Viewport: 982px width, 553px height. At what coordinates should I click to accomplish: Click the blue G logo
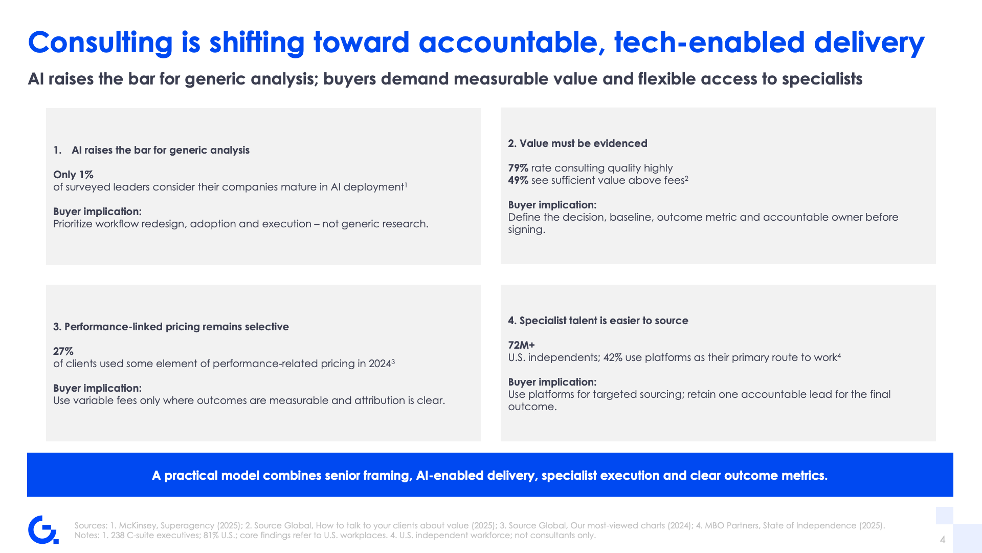click(x=43, y=530)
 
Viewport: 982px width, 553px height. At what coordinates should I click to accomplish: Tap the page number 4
click(x=943, y=540)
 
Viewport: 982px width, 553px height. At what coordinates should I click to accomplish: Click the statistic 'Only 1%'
click(x=73, y=175)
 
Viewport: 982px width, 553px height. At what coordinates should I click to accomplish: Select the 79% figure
click(x=518, y=168)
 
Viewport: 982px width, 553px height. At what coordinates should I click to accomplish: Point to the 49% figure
click(x=518, y=180)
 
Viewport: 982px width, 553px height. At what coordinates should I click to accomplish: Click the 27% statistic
click(x=63, y=351)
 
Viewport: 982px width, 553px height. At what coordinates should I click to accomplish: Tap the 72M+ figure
click(x=521, y=345)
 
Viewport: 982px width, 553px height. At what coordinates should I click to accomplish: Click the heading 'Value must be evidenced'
click(x=584, y=143)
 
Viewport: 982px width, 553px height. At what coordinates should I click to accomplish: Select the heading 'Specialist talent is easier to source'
click(x=604, y=321)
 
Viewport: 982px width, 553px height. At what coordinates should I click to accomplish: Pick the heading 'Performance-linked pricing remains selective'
click(x=176, y=327)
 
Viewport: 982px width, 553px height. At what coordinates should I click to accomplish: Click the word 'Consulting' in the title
click(x=100, y=42)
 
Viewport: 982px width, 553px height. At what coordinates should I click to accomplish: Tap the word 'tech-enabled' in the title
click(x=709, y=42)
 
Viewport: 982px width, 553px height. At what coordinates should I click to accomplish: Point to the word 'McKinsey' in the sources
click(x=137, y=525)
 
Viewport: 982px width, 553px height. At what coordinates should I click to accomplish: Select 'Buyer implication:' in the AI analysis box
click(x=97, y=211)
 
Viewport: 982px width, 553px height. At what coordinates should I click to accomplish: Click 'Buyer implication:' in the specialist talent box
click(x=552, y=382)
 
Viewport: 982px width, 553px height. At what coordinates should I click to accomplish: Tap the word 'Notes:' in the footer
click(x=87, y=535)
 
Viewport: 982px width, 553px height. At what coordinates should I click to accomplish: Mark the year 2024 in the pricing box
click(x=380, y=364)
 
